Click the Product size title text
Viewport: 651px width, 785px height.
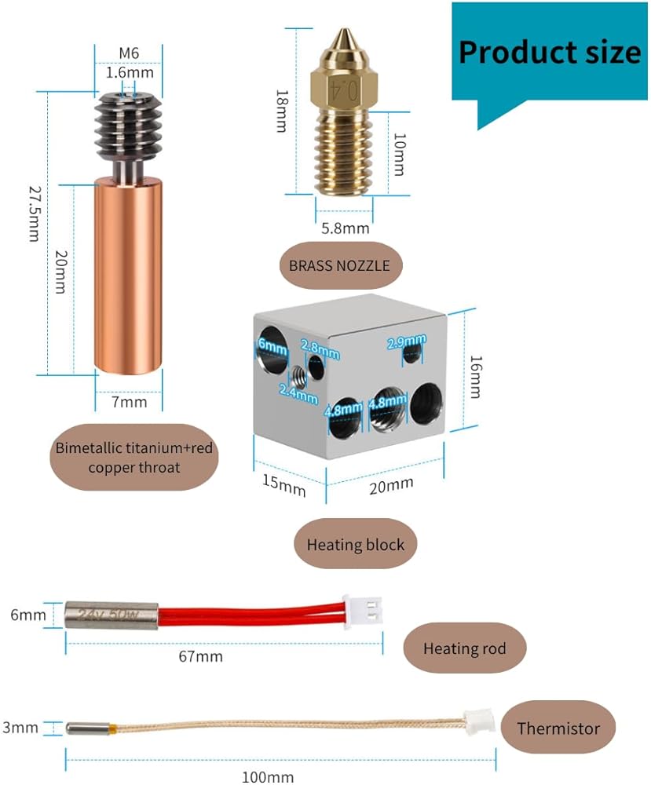coord(550,52)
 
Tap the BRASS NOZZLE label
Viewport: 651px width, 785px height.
coord(339,265)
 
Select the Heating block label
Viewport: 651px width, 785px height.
coord(356,544)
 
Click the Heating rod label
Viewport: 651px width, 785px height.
coord(464,648)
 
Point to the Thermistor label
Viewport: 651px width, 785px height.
coord(558,728)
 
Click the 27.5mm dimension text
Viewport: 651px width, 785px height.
coord(34,214)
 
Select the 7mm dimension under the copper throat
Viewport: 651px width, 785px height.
coord(129,402)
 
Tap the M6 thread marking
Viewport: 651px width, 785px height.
coord(129,53)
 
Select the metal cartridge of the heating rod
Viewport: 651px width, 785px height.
coord(111,612)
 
